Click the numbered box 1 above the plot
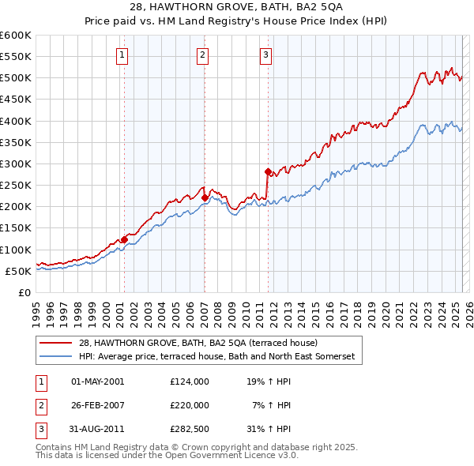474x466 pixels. pyautogui.click(x=123, y=54)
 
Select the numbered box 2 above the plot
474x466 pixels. pyautogui.click(x=203, y=54)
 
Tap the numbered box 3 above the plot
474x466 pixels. pyautogui.click(x=266, y=54)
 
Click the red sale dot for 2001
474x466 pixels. pyautogui.click(x=124, y=239)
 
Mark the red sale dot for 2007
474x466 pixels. pyautogui.click(x=205, y=197)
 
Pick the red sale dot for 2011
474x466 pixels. pyautogui.click(x=268, y=171)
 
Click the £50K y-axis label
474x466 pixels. pyautogui.click(x=18, y=271)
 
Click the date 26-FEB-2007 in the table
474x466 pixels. pyautogui.click(x=98, y=405)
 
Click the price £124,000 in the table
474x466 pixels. pyautogui.click(x=190, y=381)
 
